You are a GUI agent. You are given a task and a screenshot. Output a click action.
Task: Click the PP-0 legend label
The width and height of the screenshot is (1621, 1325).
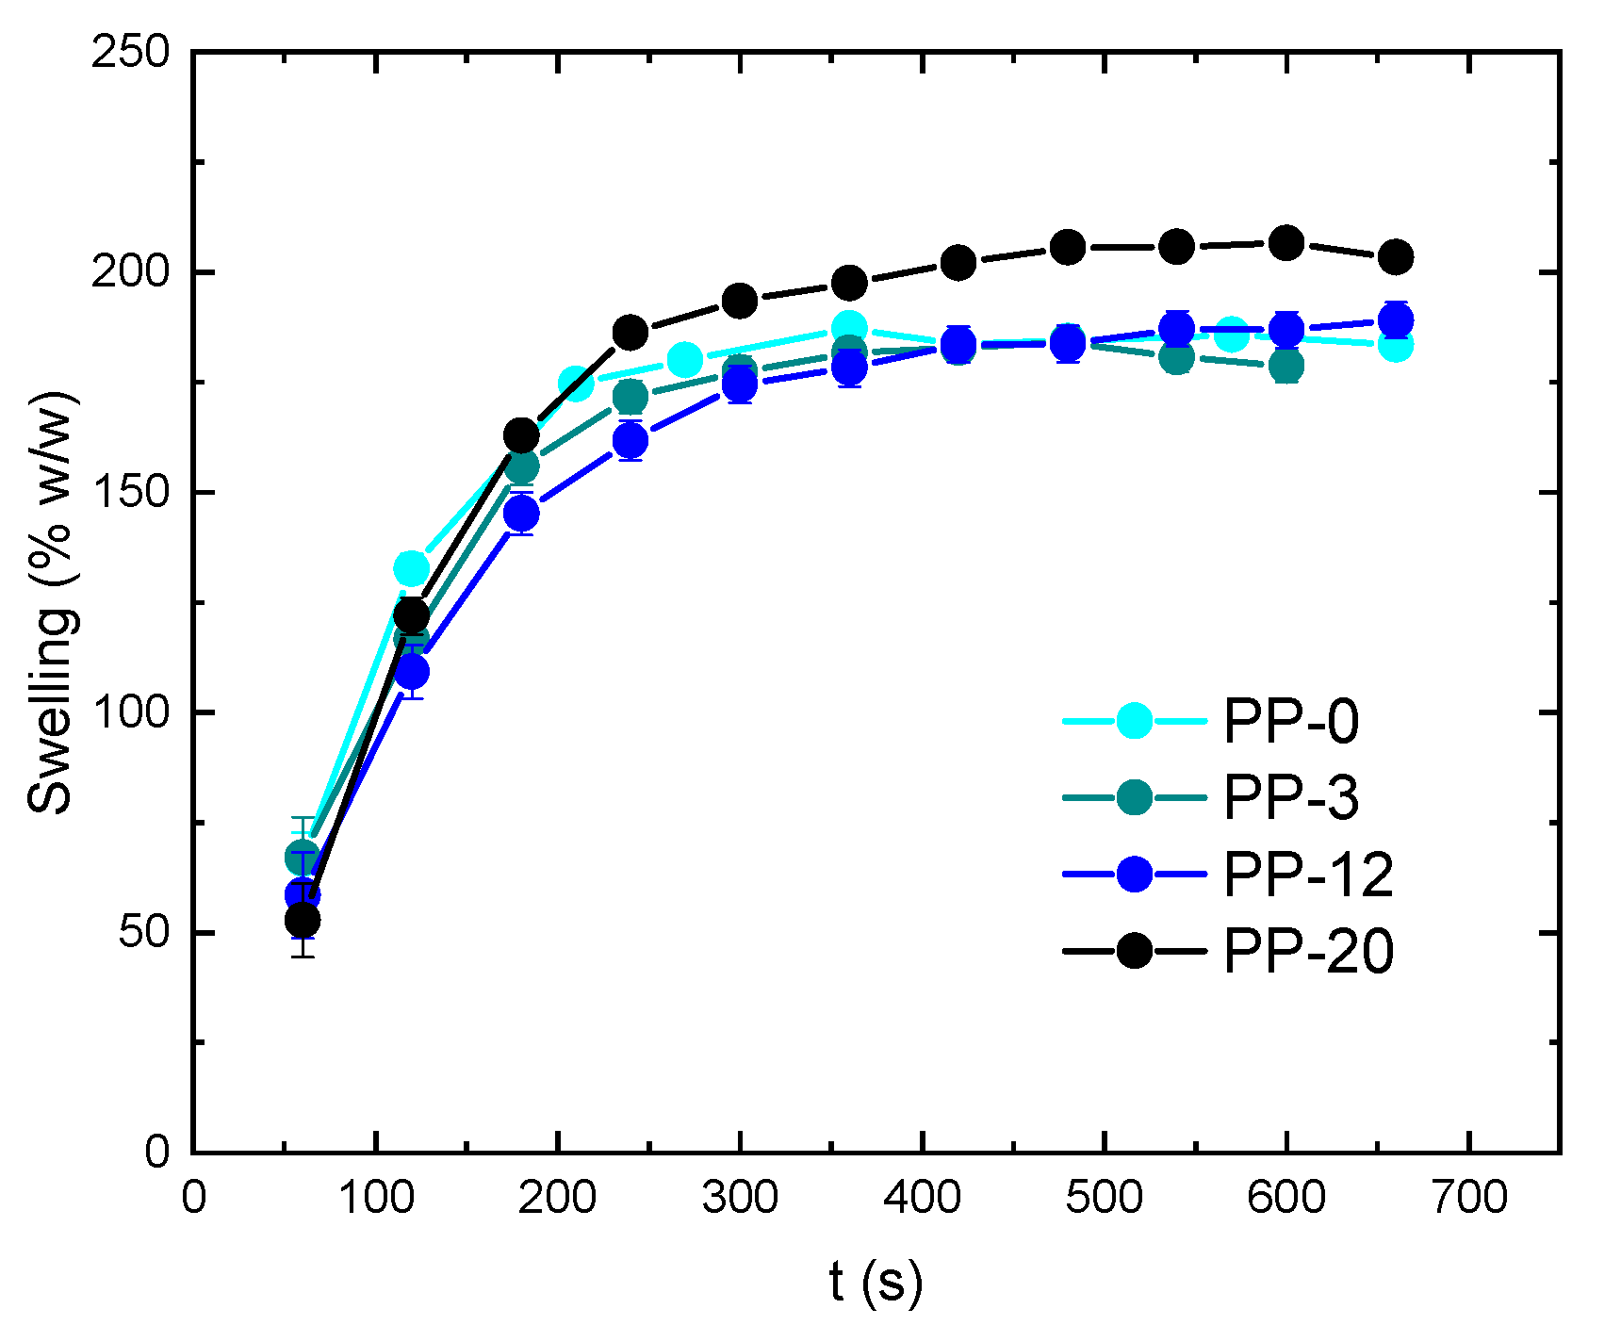[x=1290, y=722]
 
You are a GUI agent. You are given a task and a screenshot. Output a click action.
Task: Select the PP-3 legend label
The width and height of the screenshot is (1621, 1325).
[x=1290, y=798]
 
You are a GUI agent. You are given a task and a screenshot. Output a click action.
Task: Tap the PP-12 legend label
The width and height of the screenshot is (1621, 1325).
[x=1308, y=875]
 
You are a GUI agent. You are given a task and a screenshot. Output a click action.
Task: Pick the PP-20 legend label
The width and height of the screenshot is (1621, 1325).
[x=1308, y=951]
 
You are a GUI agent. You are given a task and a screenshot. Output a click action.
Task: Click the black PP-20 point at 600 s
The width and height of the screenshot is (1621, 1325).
[x=1286, y=243]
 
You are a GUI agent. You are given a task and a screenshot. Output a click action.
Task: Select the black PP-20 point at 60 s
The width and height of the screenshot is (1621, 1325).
[x=303, y=920]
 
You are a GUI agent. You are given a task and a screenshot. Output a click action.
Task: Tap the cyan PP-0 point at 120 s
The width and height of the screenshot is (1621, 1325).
[x=411, y=569]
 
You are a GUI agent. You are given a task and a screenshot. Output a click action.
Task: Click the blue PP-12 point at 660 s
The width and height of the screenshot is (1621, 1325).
[x=1396, y=319]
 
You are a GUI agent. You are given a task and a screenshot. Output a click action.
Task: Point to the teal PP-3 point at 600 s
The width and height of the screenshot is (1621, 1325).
[x=1286, y=366]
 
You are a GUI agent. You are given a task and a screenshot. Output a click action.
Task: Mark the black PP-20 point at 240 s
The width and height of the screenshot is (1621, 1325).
[x=630, y=333]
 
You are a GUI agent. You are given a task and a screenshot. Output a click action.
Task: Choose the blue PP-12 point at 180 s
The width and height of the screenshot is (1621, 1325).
[x=521, y=514]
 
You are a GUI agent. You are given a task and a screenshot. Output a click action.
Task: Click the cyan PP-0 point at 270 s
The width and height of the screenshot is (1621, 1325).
[x=685, y=359]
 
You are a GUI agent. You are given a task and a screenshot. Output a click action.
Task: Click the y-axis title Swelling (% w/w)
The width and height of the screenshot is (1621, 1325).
[x=51, y=603]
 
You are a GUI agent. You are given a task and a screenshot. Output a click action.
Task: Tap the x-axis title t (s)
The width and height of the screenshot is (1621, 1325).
[x=876, y=1283]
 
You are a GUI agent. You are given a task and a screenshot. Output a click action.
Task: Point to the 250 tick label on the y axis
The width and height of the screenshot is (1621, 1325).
[x=130, y=52]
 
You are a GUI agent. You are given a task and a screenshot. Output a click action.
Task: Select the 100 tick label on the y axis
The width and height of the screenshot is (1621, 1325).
[x=130, y=712]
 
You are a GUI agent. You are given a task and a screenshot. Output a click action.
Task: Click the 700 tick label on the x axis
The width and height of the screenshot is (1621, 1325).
[x=1469, y=1198]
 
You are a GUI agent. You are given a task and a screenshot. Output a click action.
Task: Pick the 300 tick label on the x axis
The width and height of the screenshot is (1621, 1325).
[x=740, y=1198]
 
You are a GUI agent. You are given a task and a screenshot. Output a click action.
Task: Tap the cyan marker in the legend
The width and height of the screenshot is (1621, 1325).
[x=1135, y=721]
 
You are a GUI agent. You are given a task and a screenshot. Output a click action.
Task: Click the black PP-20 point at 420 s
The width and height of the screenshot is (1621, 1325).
[x=958, y=263]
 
